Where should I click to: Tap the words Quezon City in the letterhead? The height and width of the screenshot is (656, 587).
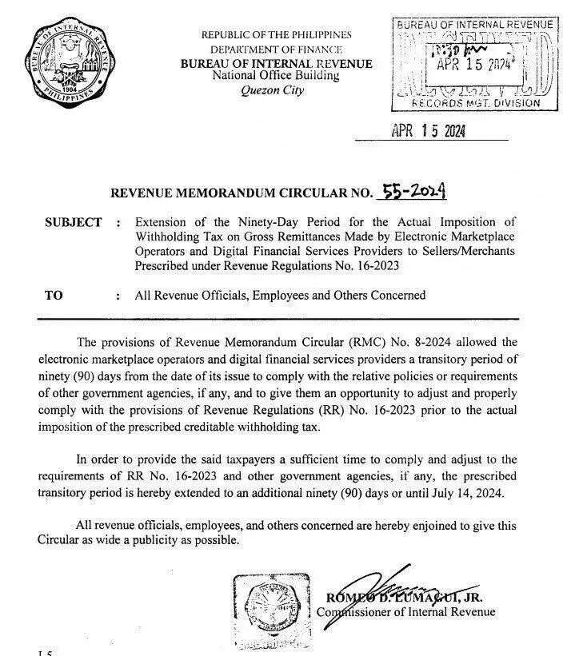tap(273, 90)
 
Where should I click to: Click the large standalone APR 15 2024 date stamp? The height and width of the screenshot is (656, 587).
tap(428, 130)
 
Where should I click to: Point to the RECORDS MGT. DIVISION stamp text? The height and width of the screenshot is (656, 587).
tap(475, 103)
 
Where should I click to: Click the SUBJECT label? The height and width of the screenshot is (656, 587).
tap(74, 222)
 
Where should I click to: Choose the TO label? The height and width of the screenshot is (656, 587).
tap(54, 296)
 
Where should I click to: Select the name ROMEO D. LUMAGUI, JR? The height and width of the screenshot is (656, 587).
tap(403, 597)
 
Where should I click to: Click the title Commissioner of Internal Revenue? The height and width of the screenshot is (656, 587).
tap(405, 612)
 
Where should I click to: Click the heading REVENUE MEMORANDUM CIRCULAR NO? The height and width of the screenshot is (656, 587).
tap(242, 193)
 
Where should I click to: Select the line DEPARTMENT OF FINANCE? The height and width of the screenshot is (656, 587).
tap(276, 50)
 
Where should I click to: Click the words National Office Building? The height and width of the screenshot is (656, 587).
tap(276, 76)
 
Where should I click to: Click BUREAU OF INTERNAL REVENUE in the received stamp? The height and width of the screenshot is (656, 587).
tap(474, 25)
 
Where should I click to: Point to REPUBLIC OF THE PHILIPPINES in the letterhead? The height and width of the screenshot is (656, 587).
tap(276, 35)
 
